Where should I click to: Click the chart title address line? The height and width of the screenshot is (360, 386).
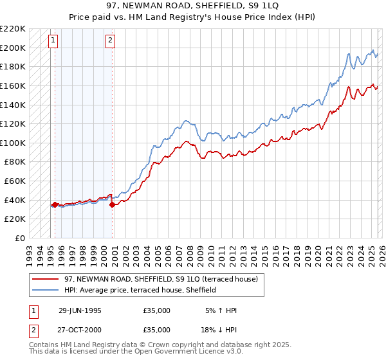tap(193, 5)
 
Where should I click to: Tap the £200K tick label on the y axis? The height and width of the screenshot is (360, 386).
tap(13, 48)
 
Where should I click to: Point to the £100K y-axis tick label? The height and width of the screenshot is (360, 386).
tap(13, 143)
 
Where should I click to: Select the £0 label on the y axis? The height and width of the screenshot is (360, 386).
tap(20, 238)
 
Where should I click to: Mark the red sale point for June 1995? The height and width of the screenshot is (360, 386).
tap(55, 205)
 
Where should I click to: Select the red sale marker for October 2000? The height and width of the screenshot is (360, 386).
tap(112, 205)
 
